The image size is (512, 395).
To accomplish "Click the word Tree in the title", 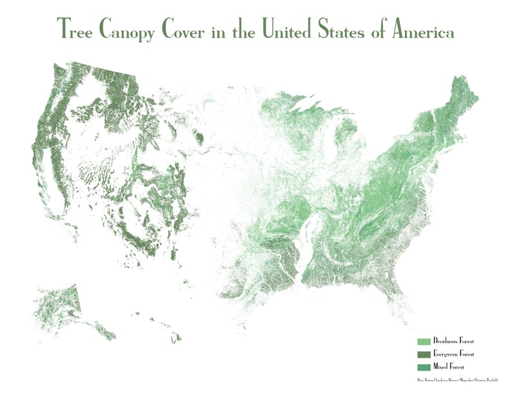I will click(x=75, y=30).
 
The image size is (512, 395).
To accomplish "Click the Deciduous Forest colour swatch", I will click(x=424, y=341).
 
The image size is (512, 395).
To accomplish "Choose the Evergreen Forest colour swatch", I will click(x=424, y=354).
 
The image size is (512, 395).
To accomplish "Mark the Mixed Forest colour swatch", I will click(x=424, y=367).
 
